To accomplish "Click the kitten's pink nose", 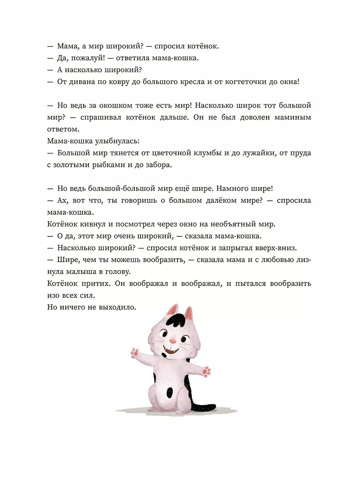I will [172, 341].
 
